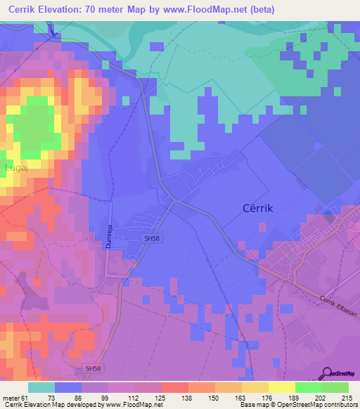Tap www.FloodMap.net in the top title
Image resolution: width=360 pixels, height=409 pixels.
tap(200, 10)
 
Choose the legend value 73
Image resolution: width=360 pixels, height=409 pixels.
tap(51, 378)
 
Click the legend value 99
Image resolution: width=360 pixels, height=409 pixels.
tap(96, 378)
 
